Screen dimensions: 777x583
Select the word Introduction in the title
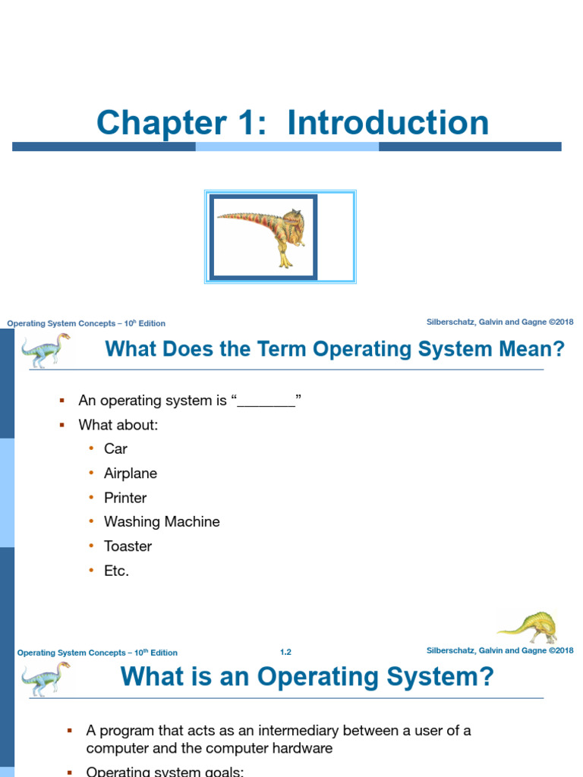tap(388, 123)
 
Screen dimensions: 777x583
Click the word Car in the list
tap(115, 448)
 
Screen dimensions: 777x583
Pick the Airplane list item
tap(131, 473)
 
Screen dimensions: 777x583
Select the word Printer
tap(125, 498)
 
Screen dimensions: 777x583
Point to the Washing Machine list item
tap(162, 522)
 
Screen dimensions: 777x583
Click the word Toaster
tap(128, 546)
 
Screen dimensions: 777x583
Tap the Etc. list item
tap(117, 571)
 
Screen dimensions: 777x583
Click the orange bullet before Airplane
tap(90, 473)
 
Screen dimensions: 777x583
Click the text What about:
tap(118, 425)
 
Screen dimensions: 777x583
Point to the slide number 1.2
tap(285, 652)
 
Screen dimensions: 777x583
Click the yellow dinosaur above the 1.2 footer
tap(528, 627)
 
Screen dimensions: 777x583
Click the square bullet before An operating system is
tap(63, 401)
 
